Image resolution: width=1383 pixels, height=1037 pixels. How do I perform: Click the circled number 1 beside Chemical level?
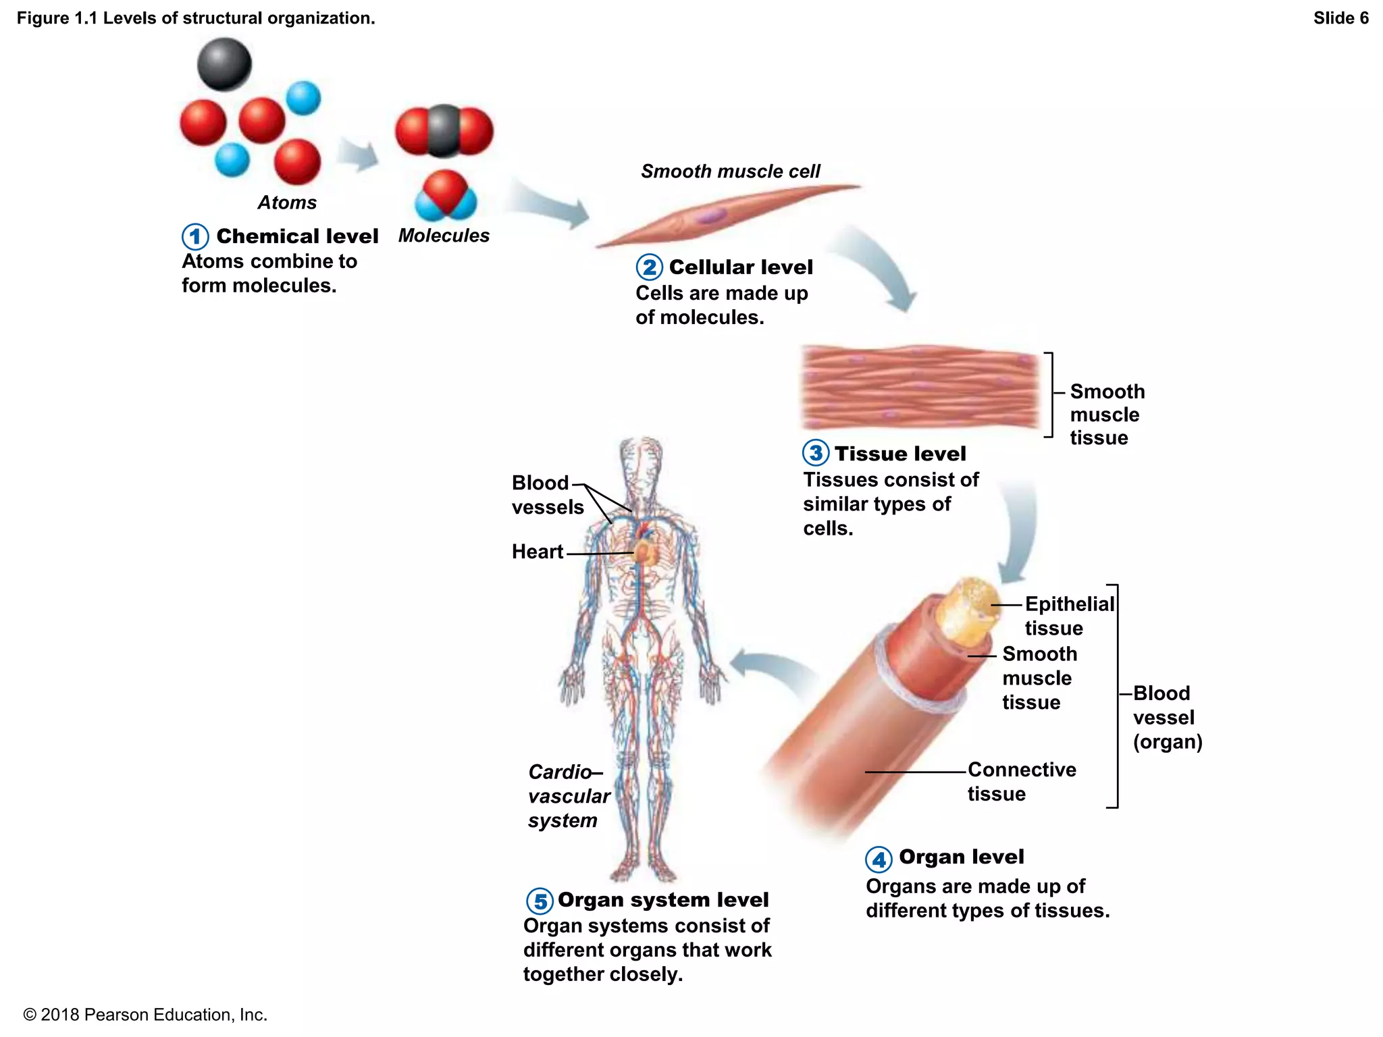(195, 236)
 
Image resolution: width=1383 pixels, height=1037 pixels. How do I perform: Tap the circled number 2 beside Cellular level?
(649, 267)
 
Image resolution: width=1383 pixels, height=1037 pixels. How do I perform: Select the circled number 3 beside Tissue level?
(816, 453)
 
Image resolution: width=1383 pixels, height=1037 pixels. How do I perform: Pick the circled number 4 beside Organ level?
(879, 859)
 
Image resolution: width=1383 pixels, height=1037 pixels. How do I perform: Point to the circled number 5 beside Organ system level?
(540, 901)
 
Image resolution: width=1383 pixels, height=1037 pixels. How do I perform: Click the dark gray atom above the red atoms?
(224, 64)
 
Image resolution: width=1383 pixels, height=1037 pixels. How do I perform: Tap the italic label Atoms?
(287, 203)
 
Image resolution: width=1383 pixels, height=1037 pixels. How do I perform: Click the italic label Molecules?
(444, 236)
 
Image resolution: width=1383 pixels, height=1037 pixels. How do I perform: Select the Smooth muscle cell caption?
(731, 171)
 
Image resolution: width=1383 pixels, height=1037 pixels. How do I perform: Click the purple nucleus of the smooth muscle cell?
(711, 216)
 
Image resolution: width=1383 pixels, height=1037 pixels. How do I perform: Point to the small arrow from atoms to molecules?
(357, 155)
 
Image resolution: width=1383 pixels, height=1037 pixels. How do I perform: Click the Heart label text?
(537, 552)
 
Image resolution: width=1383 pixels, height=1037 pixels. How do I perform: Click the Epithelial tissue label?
(1068, 616)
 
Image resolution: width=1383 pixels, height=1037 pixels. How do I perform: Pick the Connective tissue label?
(1021, 781)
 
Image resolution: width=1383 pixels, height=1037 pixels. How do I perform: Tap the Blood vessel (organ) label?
(1167, 717)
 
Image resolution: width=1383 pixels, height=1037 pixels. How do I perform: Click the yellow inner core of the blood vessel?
(969, 611)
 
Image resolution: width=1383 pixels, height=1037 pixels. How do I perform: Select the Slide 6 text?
(1340, 18)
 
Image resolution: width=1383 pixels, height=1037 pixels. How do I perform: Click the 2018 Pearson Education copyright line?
(145, 1015)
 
